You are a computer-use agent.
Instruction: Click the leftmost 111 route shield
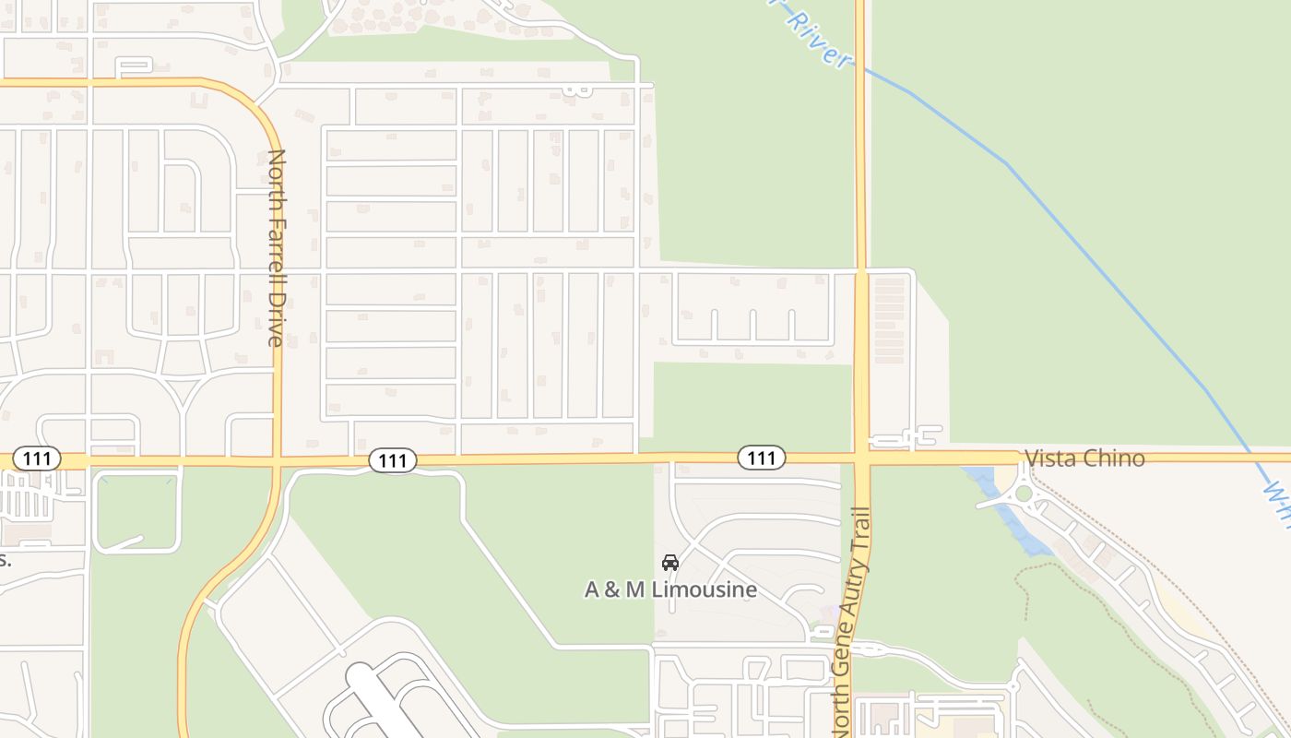(x=37, y=458)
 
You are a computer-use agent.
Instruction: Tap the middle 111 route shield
(x=393, y=460)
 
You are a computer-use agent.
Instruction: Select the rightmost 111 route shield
(x=761, y=457)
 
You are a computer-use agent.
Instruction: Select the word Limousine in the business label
(x=705, y=589)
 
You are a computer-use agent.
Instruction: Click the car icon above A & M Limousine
(x=670, y=563)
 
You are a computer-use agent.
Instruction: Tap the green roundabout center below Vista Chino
(x=1023, y=494)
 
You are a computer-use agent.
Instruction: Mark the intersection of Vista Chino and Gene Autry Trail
(x=861, y=458)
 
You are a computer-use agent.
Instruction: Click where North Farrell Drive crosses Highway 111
(x=278, y=458)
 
